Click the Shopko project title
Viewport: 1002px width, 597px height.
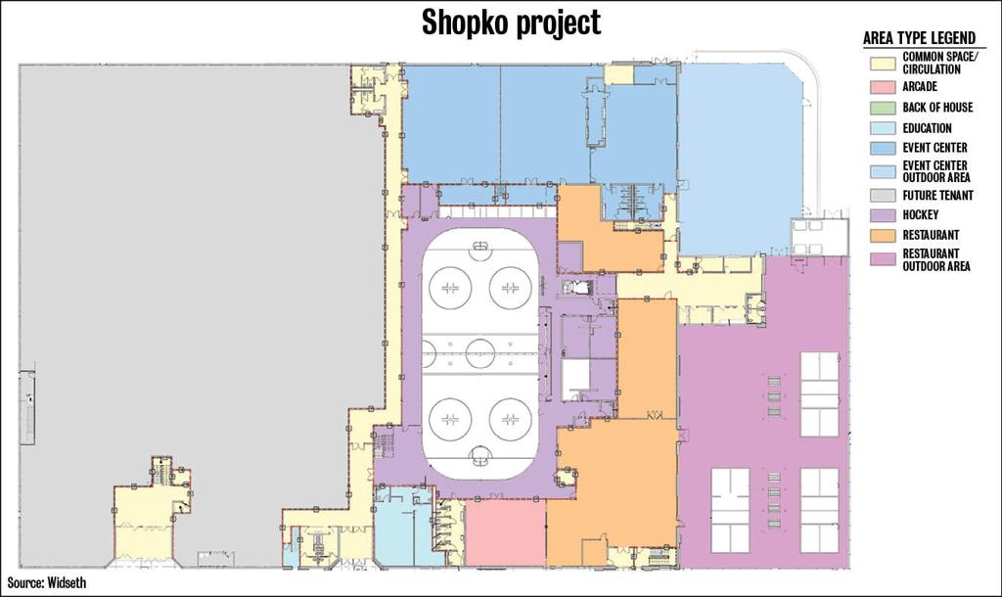(x=511, y=23)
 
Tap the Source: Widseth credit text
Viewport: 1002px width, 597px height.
(x=46, y=582)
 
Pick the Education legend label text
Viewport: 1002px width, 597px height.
(x=927, y=128)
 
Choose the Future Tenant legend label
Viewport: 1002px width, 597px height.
(x=937, y=196)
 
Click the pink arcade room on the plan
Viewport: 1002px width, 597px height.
(x=504, y=533)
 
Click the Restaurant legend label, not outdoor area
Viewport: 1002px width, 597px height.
(x=931, y=235)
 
